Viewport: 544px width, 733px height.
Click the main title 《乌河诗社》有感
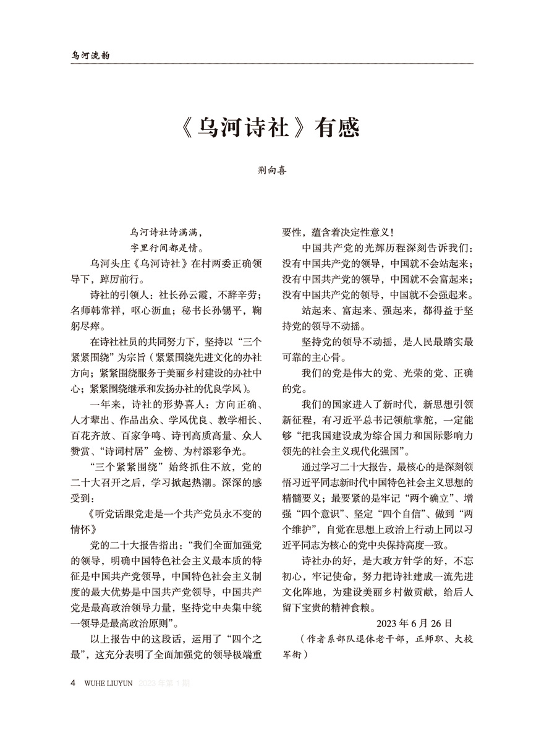271,131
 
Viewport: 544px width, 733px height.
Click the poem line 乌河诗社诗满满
166,233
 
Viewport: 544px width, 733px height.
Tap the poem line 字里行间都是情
166,248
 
